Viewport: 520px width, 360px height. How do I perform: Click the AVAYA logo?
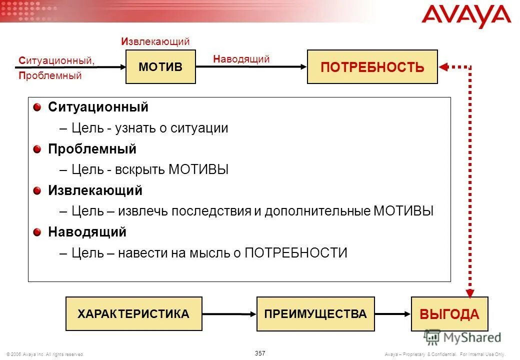point(466,17)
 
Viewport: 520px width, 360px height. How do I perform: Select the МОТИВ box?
point(160,67)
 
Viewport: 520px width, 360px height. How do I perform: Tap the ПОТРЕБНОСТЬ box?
point(372,67)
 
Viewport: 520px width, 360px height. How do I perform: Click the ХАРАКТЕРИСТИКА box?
point(133,314)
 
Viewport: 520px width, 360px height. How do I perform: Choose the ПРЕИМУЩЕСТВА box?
point(315,314)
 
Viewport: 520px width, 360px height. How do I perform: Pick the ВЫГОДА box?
point(449,314)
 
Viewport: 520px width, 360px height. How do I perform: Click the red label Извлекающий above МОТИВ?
point(155,41)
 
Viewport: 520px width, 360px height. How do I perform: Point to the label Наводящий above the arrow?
point(241,59)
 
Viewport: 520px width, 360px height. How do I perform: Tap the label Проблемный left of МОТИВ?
point(50,76)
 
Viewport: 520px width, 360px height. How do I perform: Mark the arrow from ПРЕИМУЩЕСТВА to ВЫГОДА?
point(392,314)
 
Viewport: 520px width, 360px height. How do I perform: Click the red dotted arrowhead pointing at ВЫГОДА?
point(470,290)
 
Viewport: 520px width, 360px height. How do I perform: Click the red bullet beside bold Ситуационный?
point(38,107)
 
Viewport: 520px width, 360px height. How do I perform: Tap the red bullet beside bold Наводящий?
point(38,232)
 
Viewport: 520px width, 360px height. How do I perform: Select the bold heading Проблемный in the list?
point(92,149)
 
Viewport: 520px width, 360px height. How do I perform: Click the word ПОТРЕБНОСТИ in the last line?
point(295,253)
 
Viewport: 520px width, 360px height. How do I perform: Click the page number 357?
point(260,353)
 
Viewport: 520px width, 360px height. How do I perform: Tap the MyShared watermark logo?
point(462,337)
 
